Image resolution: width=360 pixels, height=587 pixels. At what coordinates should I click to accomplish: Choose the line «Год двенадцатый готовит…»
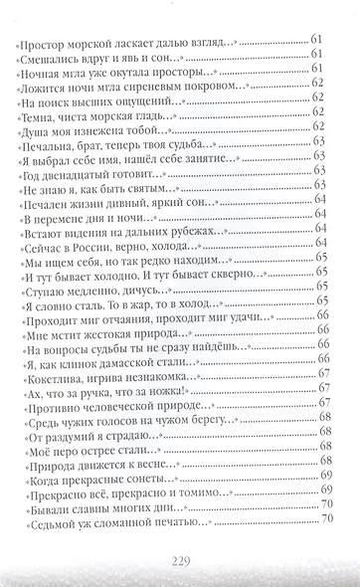[x=94, y=172]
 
